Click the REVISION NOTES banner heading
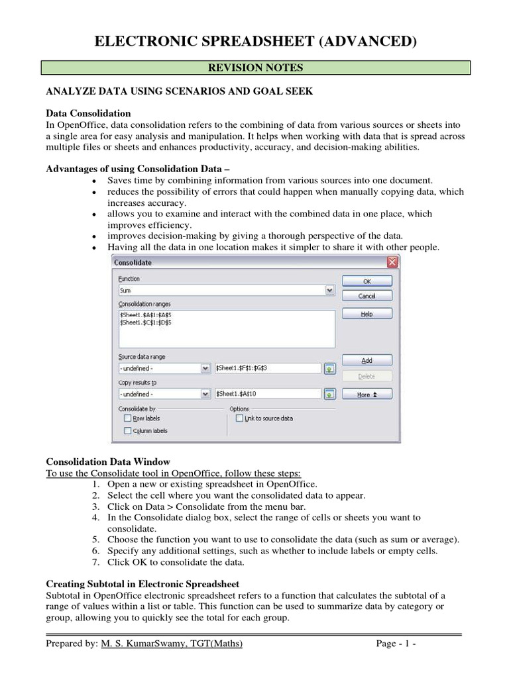pos(255,68)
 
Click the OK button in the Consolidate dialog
pos(367,281)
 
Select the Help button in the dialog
pos(367,315)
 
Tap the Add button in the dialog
pos(367,361)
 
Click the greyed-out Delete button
pos(367,376)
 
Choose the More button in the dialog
pos(367,394)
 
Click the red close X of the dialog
pos(392,262)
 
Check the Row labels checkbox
pos(127,418)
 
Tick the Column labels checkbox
pos(127,431)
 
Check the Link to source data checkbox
pos(239,418)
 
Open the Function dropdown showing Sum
pos(226,290)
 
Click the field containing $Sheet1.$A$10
pos(267,394)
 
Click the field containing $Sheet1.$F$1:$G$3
pos(267,367)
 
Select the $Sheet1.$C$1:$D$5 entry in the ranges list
pos(146,322)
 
